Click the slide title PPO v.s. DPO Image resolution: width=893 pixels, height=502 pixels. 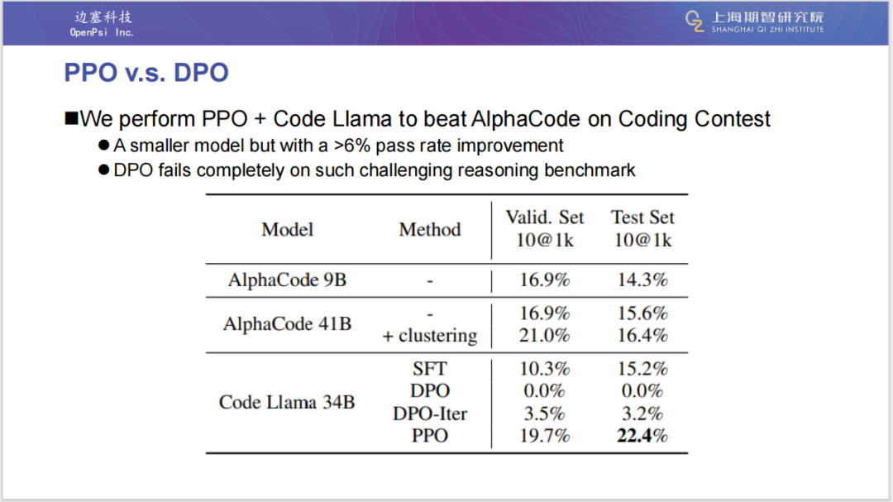tap(146, 73)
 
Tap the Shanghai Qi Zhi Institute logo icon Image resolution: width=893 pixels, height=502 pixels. tap(695, 22)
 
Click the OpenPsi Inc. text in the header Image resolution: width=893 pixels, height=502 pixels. tap(102, 32)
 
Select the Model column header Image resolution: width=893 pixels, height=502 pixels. tap(287, 229)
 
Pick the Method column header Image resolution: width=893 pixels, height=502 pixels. tap(429, 229)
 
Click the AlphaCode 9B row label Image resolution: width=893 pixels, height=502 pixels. tap(287, 280)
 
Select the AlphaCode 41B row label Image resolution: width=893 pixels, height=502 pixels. tap(287, 324)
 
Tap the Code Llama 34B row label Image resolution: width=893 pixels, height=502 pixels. tap(287, 403)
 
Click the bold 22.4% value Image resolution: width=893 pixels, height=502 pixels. tap(642, 436)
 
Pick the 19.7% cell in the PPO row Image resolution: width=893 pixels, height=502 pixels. tap(545, 436)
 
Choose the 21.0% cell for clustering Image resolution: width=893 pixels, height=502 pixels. tap(545, 335)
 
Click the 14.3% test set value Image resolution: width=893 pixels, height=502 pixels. tap(642, 280)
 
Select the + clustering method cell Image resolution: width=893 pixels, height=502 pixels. tap(429, 336)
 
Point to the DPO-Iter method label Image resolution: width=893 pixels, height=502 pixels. tap(429, 414)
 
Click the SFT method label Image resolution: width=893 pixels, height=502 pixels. tap(429, 369)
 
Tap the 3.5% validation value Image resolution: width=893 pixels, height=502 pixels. tap(545, 414)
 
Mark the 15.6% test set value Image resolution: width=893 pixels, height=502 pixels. tap(642, 313)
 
